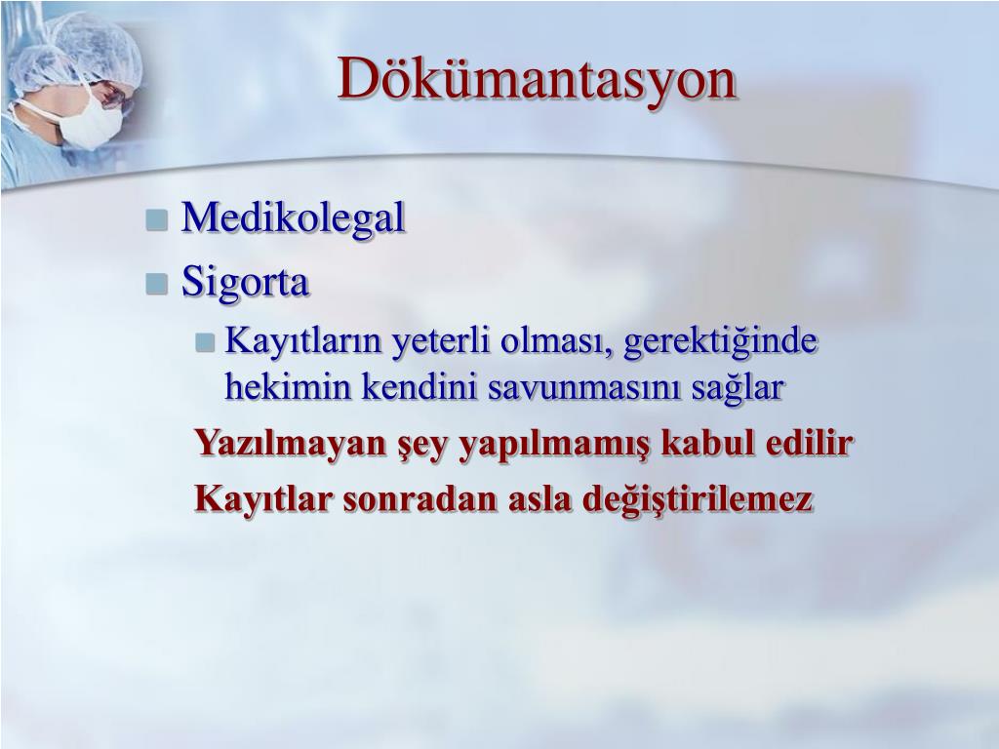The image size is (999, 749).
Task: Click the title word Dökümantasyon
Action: coord(537,79)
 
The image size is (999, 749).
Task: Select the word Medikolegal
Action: coord(293,217)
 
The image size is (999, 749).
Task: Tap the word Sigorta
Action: coord(245,282)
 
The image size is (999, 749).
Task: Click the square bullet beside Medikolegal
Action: coord(157,220)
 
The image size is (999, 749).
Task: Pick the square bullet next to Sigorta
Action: coord(157,284)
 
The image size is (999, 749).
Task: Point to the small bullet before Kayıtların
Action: coord(205,342)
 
